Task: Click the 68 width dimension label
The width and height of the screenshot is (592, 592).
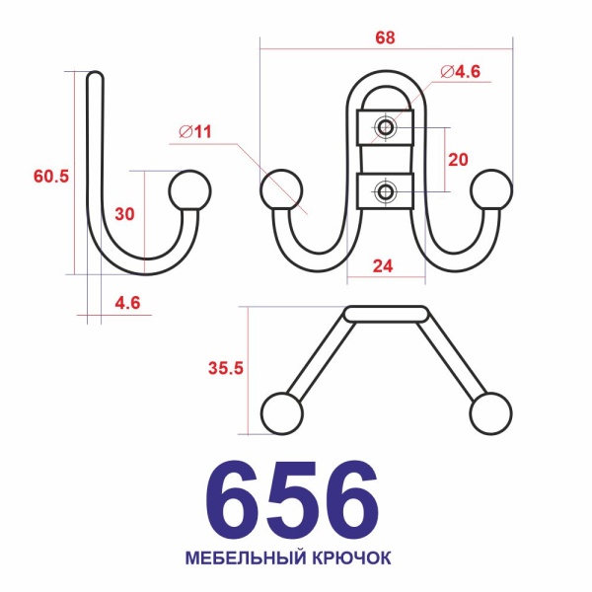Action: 385,37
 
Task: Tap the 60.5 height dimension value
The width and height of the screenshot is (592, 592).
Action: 51,177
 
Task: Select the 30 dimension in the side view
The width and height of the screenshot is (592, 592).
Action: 124,214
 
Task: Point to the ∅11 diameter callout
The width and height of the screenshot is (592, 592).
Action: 195,132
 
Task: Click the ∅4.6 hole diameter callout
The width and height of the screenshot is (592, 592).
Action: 461,72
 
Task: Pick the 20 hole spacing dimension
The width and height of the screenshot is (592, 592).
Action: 458,160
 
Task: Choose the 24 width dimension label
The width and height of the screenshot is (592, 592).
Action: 383,266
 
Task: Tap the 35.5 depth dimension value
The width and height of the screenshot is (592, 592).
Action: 226,368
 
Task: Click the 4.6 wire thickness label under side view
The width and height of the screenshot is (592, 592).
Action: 127,303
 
